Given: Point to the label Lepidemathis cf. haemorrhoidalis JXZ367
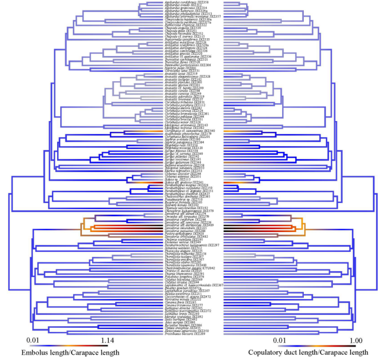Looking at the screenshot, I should click(193, 285).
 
